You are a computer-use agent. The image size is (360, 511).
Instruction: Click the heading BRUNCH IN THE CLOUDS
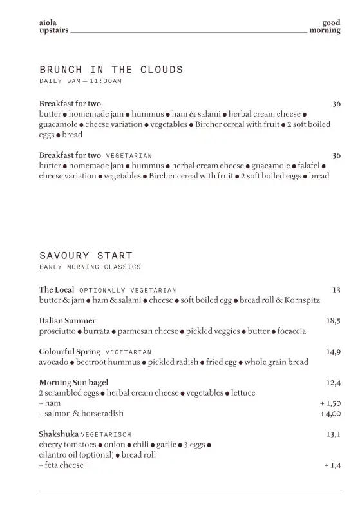tap(111, 70)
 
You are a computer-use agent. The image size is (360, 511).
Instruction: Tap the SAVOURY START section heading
tap(86, 256)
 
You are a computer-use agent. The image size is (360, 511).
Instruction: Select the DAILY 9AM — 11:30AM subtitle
tap(81, 81)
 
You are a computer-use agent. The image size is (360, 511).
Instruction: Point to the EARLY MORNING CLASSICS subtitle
tap(90, 267)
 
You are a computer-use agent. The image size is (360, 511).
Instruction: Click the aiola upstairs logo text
tap(53, 26)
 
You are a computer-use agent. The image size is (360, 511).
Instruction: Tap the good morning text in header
tap(325, 26)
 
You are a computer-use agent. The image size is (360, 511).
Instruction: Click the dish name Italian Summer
tap(67, 320)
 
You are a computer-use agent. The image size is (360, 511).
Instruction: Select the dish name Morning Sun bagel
tap(73, 382)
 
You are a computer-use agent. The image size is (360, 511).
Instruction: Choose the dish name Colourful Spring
tap(70, 352)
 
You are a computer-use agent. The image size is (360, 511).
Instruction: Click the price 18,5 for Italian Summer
tap(333, 320)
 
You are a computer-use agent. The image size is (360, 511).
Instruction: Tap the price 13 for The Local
tap(336, 290)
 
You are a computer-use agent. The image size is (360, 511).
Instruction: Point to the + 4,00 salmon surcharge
tap(330, 414)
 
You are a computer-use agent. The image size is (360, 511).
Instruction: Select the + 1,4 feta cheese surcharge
tap(332, 465)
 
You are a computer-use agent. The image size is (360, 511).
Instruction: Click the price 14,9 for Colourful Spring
tap(333, 352)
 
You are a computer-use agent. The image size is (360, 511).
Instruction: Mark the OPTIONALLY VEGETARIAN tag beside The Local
tap(128, 291)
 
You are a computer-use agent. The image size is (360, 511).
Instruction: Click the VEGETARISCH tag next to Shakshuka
tap(106, 435)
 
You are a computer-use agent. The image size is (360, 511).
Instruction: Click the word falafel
tap(308, 166)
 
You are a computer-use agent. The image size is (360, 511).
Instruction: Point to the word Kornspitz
tap(301, 300)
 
